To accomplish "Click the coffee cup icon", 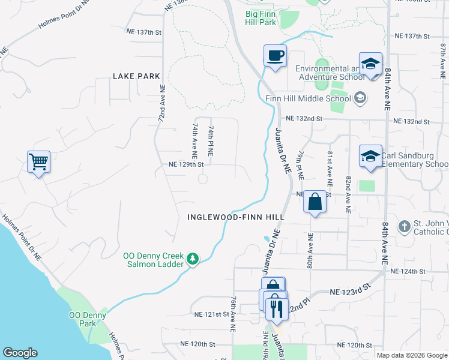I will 275,56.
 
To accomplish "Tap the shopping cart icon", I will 38,161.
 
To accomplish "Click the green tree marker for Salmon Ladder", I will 192,259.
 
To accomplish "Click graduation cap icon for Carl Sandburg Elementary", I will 370,156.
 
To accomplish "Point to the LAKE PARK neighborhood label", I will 136,76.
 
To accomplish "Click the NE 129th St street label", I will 187,164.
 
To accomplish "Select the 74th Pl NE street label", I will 211,142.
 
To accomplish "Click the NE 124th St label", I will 408,272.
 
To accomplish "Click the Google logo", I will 20,353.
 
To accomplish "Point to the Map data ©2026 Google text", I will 411,355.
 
